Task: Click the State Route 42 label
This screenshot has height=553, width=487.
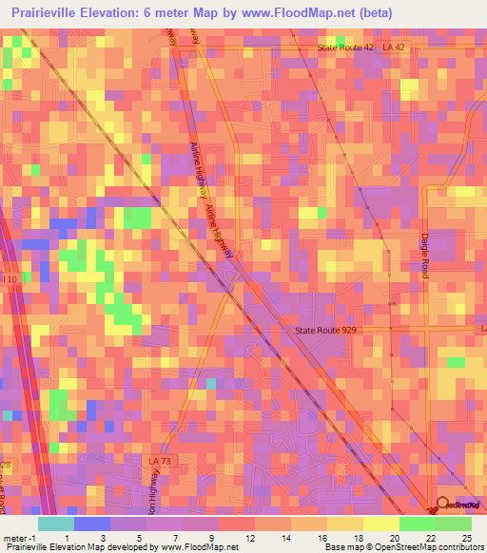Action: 346,48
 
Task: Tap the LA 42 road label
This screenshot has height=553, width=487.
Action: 396,48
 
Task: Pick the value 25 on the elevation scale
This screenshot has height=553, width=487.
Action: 466,538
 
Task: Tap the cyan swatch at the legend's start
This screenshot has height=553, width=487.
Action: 56,524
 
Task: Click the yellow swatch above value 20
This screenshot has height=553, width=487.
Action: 381,524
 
